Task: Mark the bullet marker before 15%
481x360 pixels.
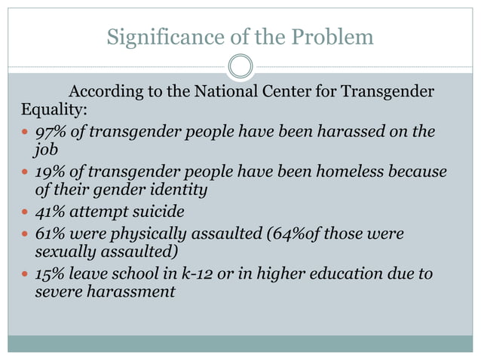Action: (25, 273)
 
